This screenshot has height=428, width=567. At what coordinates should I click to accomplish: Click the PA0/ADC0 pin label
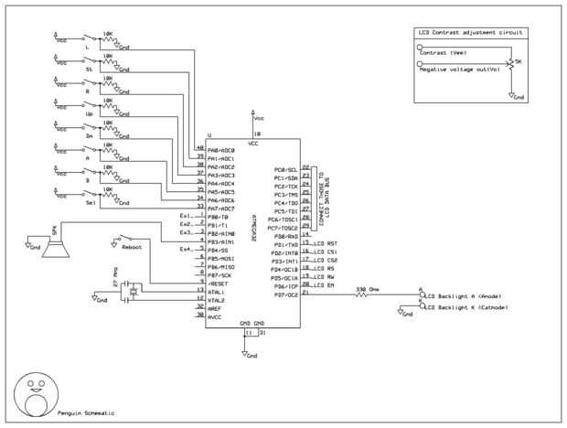(x=221, y=151)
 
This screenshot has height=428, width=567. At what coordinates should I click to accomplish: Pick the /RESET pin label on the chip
(x=219, y=283)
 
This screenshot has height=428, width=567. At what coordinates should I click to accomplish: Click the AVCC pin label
(x=216, y=316)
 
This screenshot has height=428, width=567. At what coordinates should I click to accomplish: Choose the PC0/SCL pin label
(x=286, y=170)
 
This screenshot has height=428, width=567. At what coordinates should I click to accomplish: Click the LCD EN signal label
(x=325, y=286)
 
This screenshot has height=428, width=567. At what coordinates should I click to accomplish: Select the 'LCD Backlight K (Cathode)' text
(x=467, y=308)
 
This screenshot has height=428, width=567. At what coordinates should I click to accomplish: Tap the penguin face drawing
(x=36, y=391)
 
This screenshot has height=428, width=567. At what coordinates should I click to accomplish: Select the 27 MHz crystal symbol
(x=134, y=291)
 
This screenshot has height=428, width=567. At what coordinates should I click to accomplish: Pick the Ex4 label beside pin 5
(x=185, y=249)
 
